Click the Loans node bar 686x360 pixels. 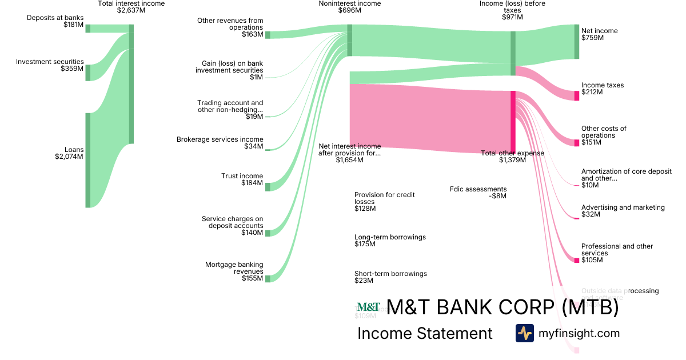click(x=88, y=160)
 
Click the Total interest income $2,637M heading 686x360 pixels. click(x=131, y=7)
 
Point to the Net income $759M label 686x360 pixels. click(x=599, y=34)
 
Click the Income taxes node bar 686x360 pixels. click(x=577, y=95)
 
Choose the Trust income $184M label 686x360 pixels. click(x=242, y=179)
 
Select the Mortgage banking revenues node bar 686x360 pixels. click(x=268, y=278)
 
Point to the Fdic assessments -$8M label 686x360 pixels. click(x=478, y=193)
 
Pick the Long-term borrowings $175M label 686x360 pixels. click(x=390, y=241)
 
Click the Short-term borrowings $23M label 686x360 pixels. click(x=390, y=277)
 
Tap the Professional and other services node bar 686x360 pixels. click(x=577, y=260)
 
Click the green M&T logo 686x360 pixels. click(x=368, y=307)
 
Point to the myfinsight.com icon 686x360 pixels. click(x=524, y=333)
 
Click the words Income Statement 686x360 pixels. click(x=425, y=334)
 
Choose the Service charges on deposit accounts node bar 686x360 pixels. click(x=268, y=233)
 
